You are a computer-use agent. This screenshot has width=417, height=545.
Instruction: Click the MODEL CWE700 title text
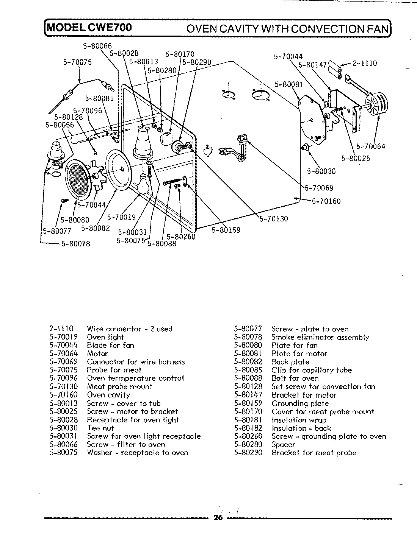point(89,28)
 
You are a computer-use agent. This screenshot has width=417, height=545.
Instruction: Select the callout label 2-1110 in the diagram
point(365,63)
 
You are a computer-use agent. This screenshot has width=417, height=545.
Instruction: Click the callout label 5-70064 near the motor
point(371,146)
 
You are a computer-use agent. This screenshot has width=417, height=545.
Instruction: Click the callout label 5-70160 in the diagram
point(326,201)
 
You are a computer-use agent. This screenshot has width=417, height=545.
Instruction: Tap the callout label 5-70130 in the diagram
point(274,219)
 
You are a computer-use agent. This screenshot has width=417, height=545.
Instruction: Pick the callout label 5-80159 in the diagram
point(226,230)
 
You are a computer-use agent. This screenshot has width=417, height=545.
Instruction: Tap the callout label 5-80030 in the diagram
point(321,171)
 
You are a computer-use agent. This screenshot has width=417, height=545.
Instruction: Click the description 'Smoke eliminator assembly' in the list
point(320,337)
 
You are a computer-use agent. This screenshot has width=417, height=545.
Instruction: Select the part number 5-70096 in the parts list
point(63,378)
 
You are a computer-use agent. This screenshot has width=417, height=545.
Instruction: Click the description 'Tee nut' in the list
point(100,428)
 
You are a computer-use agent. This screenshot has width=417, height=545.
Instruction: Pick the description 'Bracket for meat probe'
point(314,453)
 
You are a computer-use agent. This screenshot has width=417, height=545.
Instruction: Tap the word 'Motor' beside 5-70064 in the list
point(97,353)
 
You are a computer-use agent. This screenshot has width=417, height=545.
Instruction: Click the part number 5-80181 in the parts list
point(248,420)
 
